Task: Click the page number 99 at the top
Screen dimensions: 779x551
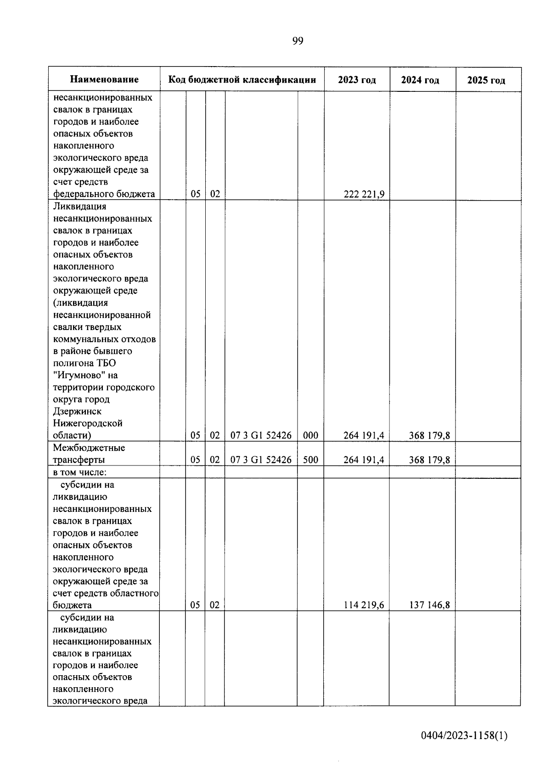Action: pos(297,41)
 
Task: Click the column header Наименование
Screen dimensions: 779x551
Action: pos(104,79)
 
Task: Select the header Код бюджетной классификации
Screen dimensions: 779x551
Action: pos(242,79)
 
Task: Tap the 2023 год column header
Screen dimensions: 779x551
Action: pos(357,80)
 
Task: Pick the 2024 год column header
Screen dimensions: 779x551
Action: pos(420,80)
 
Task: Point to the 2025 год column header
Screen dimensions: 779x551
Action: pos(486,80)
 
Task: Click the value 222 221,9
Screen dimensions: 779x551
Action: pos(364,194)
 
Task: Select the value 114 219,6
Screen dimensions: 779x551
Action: pos(364,605)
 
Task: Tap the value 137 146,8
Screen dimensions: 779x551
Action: pos(429,605)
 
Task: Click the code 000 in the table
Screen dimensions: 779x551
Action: pos(310,435)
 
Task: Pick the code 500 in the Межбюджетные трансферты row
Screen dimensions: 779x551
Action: pos(310,460)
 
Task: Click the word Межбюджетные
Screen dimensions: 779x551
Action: pos(89,448)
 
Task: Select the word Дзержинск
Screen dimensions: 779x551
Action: pos(77,411)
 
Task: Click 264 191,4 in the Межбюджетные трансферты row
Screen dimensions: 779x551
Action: pos(364,460)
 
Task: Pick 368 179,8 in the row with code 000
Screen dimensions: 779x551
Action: pos(429,435)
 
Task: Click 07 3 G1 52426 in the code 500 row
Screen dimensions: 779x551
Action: pos(261,460)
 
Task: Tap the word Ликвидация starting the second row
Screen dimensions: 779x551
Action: pos(79,207)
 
